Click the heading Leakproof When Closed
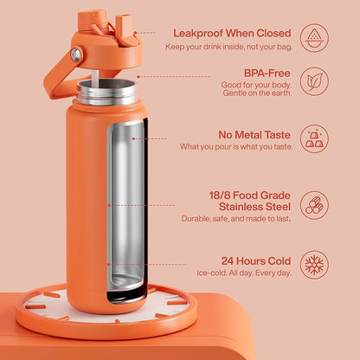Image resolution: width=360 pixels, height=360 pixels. point(232,34)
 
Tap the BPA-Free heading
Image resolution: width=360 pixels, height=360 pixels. point(267,74)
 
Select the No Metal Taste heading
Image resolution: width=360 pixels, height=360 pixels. point(254,135)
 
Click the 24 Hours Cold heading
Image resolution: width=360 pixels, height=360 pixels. point(256,261)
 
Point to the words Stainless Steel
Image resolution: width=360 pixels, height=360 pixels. point(254,207)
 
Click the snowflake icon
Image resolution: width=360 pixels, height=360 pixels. point(314,265)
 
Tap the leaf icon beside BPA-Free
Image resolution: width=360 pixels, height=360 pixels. point(314,81)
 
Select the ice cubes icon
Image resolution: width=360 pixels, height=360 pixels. point(314,138)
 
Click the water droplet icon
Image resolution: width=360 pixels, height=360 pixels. point(314,38)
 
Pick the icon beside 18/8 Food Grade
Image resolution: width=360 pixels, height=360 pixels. point(314,205)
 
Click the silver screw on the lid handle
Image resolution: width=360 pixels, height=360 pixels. point(76,55)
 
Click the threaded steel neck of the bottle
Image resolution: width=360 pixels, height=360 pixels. point(106,93)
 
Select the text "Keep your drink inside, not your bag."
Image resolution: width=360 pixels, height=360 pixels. point(228,47)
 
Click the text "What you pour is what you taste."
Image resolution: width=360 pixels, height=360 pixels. point(236,147)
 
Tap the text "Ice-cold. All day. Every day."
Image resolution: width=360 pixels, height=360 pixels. point(244,273)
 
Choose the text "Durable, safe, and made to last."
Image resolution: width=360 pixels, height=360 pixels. point(236,219)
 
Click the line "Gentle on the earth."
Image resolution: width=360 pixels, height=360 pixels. point(257,93)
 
